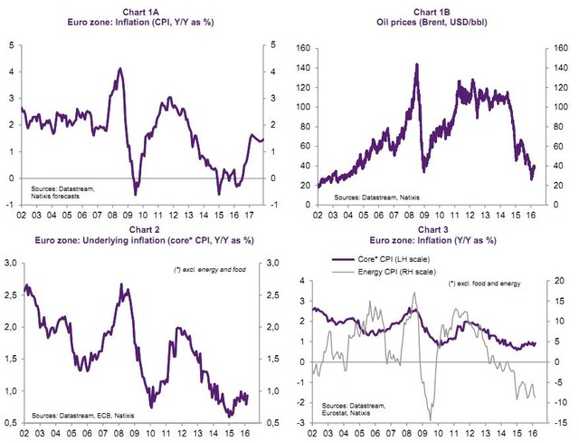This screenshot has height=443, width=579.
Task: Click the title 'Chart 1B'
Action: tap(434, 9)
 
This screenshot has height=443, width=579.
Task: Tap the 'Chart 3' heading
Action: tap(433, 229)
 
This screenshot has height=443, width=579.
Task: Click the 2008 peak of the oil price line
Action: tap(416, 64)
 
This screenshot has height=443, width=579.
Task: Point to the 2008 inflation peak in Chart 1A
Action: tap(120, 69)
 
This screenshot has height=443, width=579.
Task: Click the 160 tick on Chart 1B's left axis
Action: tap(304, 43)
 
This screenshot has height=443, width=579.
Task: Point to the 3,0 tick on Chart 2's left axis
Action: tap(12, 263)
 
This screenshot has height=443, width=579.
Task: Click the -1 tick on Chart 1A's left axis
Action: tap(12, 205)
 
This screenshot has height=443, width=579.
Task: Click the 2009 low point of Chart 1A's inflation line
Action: tap(136, 194)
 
